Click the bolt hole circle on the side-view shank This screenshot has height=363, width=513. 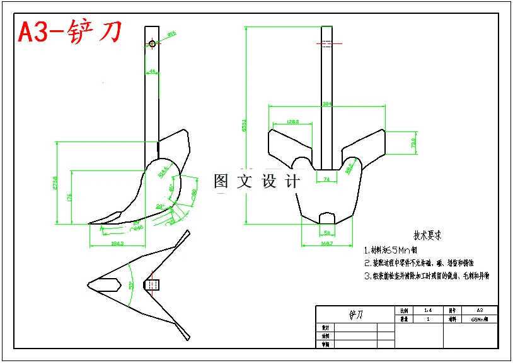tap(153, 44)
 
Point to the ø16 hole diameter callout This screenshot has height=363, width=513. tap(171, 34)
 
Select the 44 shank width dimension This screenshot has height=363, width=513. tap(152, 72)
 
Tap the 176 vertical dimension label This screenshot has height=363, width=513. tap(69, 196)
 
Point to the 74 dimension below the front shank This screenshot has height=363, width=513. tap(326, 179)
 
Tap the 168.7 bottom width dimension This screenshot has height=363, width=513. tap(326, 243)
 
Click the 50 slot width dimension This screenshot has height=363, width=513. tap(326, 233)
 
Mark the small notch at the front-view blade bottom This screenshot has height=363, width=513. tap(326, 217)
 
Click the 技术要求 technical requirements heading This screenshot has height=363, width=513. tap(427, 235)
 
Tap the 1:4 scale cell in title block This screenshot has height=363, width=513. tap(428, 310)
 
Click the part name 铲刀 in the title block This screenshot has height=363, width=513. tap(355, 314)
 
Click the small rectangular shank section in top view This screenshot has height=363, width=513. tap(153, 285)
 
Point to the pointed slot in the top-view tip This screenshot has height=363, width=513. tap(108, 284)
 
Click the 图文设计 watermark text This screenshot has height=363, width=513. tap(257, 182)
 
